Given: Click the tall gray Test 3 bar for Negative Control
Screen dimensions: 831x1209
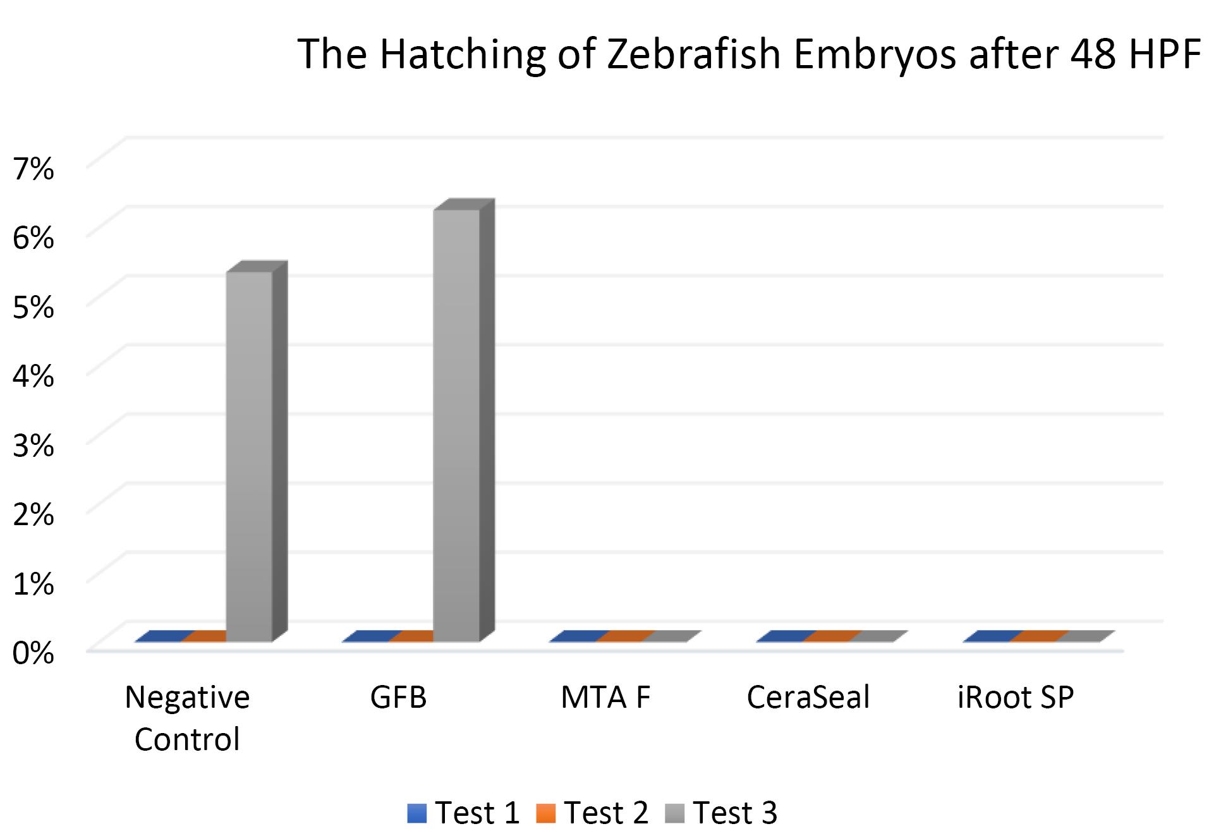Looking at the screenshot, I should point(249,455).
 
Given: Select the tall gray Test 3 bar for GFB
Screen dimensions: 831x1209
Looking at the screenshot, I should point(456,423).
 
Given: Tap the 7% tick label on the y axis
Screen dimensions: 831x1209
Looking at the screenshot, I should point(33,169).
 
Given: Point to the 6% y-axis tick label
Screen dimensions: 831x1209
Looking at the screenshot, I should point(33,238).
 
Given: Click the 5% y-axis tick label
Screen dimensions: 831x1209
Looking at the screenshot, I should point(33,307).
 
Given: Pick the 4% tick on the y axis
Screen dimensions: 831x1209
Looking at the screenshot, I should point(33,377).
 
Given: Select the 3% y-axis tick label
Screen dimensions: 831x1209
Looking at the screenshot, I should point(33,446).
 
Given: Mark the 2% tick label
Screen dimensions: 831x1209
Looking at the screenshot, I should point(33,515).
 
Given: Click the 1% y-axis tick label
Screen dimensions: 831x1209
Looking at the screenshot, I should point(33,585).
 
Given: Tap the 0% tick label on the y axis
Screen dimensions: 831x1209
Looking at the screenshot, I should point(33,653).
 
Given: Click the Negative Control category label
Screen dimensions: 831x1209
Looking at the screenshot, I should point(187,718).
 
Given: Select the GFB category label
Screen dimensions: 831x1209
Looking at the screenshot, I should point(398,698).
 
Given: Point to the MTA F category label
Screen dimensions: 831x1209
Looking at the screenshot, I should point(605,698).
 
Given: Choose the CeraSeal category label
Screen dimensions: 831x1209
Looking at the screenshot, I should point(808,698).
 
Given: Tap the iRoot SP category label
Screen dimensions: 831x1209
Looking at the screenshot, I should point(1015,698).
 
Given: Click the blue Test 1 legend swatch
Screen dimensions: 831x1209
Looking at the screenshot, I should point(417,813).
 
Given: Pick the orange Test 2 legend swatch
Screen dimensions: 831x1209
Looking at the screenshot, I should point(545,813).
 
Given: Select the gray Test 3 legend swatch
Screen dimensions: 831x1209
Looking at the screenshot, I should point(675,813).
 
